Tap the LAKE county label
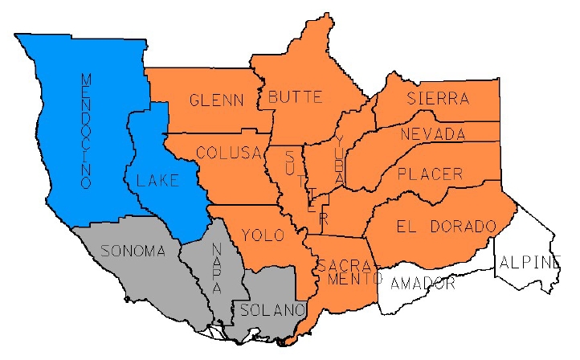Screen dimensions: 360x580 tap(158, 182)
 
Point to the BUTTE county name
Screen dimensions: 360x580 tap(295, 97)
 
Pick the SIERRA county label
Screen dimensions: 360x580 tap(437, 99)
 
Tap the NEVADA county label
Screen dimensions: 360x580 tap(433, 133)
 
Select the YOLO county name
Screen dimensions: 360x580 tap(263, 235)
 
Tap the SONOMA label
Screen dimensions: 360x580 tap(133, 251)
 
